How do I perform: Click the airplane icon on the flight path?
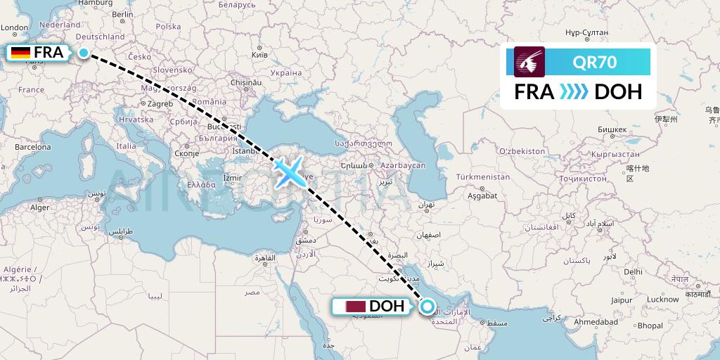[x=288, y=171]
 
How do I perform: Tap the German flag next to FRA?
[x=20, y=53]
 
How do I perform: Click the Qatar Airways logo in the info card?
[x=529, y=63]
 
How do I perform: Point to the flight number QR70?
[x=595, y=63]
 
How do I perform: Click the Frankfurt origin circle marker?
[x=84, y=53]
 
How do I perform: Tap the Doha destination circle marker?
[x=426, y=306]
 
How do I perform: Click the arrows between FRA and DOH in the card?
[x=574, y=91]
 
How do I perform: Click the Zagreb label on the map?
[x=160, y=103]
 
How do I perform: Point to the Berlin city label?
[x=123, y=14]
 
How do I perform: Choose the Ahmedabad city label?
[x=593, y=321]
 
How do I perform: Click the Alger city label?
[x=40, y=207]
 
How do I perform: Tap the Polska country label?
[x=168, y=26]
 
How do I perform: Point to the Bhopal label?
[x=650, y=326]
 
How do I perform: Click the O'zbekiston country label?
[x=521, y=151]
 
